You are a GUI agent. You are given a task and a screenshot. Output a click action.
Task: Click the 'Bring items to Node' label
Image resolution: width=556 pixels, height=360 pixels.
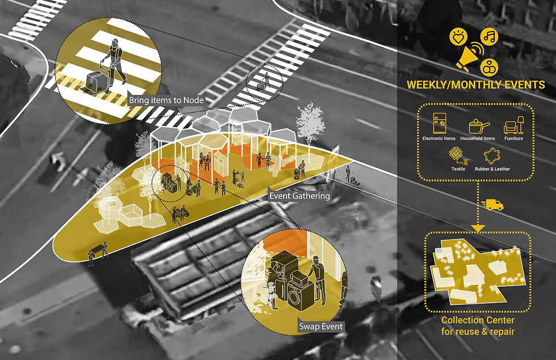point(166,101)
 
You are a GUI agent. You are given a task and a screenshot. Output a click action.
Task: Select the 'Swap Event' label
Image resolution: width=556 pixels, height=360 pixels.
point(321,326)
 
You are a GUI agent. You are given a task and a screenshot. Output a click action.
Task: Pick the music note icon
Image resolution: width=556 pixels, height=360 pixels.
point(488,37)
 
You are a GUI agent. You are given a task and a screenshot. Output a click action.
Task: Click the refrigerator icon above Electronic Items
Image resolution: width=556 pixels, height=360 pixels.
point(439,123)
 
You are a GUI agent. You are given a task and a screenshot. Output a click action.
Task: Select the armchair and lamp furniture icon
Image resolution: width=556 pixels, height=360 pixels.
point(513,125)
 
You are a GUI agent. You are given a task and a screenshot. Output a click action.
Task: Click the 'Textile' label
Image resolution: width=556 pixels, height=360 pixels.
point(458,169)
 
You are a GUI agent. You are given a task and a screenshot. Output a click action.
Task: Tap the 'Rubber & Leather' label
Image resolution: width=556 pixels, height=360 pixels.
point(496,169)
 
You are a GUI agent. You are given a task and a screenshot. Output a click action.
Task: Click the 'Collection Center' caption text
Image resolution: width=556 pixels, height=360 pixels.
point(477,321)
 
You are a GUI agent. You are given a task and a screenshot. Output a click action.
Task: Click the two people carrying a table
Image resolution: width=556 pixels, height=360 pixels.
point(98,252)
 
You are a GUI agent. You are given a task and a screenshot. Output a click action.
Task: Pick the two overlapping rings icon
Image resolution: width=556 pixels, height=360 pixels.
point(488,68)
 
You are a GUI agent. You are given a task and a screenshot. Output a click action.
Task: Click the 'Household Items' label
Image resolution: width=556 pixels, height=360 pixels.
point(477,139)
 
